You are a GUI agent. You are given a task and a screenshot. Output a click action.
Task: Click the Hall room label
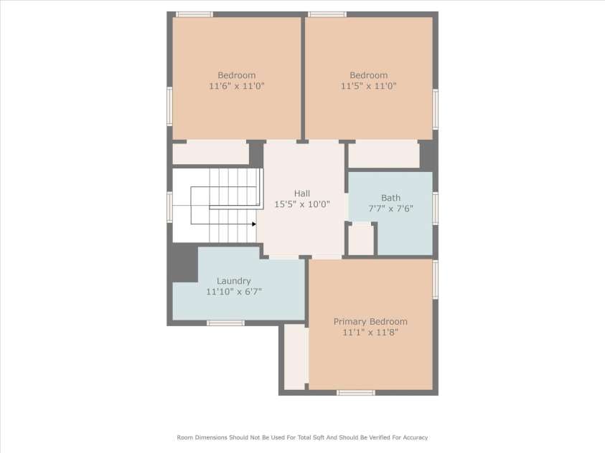coord(301,194)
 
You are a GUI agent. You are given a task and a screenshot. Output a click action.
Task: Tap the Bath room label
coord(390,198)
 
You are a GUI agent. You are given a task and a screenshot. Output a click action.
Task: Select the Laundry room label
coord(233,281)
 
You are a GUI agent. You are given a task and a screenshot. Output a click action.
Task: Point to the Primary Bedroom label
coord(370,322)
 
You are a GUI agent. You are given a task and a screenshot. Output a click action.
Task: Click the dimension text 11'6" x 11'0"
coord(237,86)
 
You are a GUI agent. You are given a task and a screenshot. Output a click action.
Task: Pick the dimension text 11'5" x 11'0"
coord(368,86)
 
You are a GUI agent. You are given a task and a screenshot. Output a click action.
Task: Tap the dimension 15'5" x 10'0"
coord(301,204)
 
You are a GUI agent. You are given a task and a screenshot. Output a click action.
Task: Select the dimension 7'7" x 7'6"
coord(390,209)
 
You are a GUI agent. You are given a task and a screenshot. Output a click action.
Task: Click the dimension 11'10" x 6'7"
coord(234,292)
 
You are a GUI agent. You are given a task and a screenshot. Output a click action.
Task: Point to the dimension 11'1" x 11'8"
coord(370,333)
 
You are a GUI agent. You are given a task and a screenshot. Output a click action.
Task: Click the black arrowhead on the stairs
coord(254,224)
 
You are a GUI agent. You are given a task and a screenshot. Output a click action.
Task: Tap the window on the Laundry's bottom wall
coord(226,323)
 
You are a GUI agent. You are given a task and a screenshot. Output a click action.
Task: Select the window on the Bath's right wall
coord(435,209)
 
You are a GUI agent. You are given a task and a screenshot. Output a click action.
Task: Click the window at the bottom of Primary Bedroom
coord(356,393)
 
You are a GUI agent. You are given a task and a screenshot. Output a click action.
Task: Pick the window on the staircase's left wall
coord(169,207)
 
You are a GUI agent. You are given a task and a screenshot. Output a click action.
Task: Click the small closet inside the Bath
coord(361,239)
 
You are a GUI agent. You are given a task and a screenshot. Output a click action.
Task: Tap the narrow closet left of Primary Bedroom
coord(296,357)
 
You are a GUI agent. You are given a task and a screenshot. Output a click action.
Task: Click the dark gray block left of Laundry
coord(184,263)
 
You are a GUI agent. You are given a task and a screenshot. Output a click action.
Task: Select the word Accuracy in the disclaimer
coord(415,438)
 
